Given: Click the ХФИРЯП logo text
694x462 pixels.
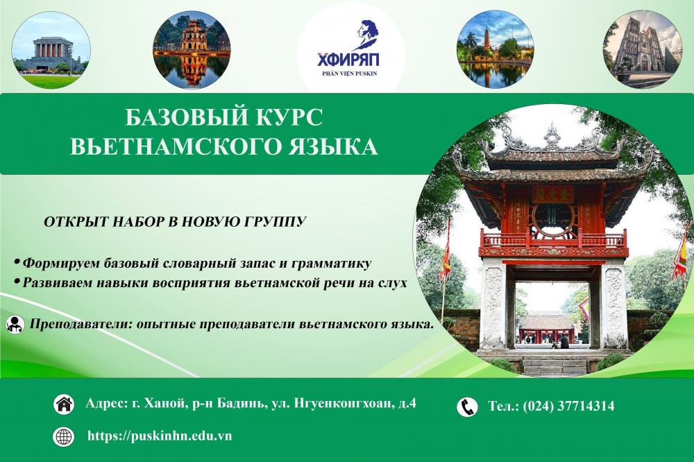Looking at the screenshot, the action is [348, 59].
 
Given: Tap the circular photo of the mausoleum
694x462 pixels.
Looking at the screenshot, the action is [51, 49].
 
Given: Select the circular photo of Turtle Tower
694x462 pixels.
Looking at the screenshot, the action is [192, 50].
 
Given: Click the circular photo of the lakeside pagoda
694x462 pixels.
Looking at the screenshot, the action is [495, 49].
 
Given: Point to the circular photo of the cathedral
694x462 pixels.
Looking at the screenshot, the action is [642, 49].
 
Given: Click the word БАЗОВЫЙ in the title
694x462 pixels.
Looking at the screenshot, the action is [183, 118].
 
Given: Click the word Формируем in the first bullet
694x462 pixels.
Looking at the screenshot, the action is [62, 264].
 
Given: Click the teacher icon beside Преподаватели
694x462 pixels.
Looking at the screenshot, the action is [15, 325].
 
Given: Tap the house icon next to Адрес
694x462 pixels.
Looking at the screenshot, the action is [64, 405].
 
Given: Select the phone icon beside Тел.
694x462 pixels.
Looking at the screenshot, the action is [467, 407].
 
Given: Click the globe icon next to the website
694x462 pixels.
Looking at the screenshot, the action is [64, 436].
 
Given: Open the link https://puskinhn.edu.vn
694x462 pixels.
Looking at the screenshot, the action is [160, 436].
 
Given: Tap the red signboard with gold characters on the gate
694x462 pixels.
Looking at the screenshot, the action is [552, 194].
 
